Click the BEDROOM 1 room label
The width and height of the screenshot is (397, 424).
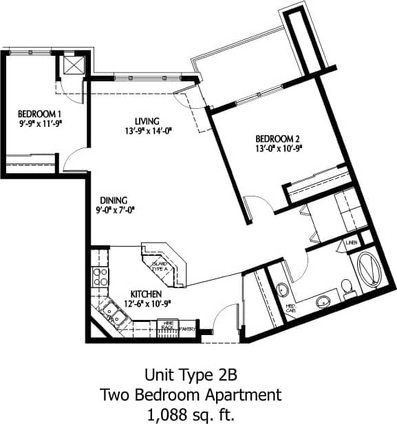pyautogui.click(x=36, y=114)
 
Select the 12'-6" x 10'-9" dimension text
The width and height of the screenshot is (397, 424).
pyautogui.click(x=145, y=304)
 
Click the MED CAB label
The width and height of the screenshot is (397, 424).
pyautogui.click(x=292, y=308)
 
